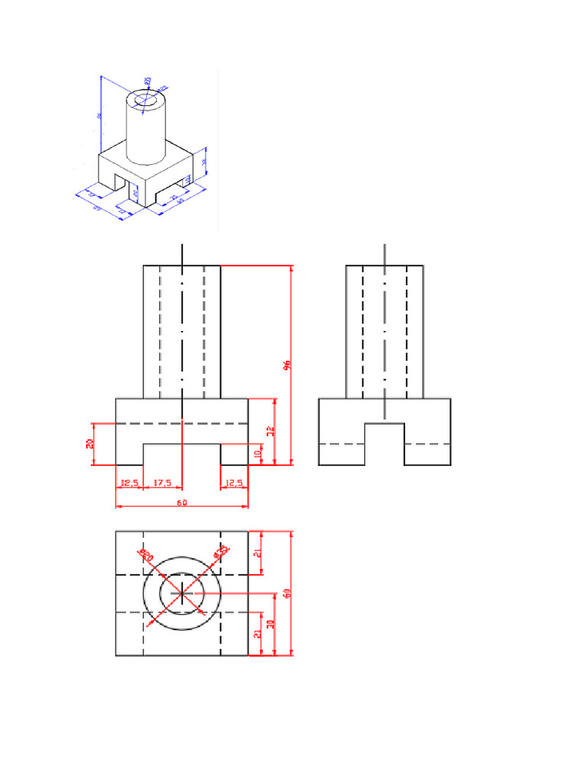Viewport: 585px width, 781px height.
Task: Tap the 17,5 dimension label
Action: [x=162, y=483]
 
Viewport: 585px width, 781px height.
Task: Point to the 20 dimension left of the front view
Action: [x=90, y=443]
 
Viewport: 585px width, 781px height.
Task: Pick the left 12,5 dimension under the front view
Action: [x=129, y=483]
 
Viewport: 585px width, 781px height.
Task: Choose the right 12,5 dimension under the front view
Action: [x=234, y=483]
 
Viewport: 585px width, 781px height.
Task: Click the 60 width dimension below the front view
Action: [x=181, y=503]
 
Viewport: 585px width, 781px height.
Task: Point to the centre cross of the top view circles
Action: [x=181, y=593]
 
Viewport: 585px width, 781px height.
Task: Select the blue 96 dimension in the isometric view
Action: [x=100, y=116]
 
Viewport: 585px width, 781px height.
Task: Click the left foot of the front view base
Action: [x=129, y=455]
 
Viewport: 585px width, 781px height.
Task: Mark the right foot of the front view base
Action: [x=234, y=455]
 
